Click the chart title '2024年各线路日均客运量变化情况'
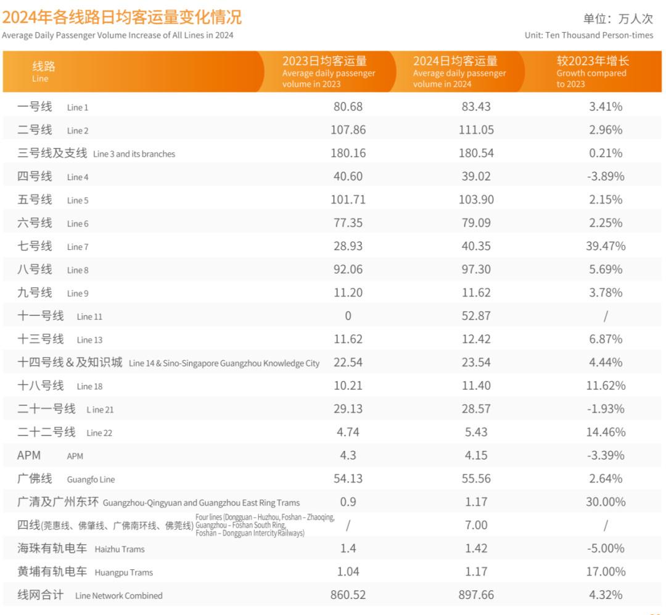121,17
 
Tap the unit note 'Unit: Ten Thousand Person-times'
588,35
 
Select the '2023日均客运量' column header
325,61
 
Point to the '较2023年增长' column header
593,61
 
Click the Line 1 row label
53,107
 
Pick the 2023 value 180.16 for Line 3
348,153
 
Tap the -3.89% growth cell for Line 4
605,176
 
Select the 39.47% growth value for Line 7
605,246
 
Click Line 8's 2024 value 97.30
476,270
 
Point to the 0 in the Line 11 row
348,316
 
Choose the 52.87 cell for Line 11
476,316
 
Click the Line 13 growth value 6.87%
605,339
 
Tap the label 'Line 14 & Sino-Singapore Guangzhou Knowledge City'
224,363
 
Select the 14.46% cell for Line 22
605,432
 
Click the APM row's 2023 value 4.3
348,455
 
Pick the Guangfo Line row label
66,479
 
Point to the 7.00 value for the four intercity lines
476,525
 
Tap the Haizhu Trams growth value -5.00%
605,548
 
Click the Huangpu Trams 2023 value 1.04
348,572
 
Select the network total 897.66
476,595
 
